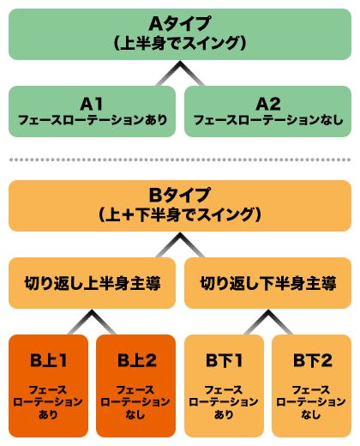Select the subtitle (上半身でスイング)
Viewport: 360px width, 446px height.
coord(180,42)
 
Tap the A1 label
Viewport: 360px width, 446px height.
coord(92,104)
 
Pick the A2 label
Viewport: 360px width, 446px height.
coord(268,104)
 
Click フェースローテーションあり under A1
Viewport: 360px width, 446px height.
coord(92,121)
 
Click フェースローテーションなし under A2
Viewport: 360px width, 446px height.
coord(268,121)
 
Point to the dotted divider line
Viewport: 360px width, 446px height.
coord(180,160)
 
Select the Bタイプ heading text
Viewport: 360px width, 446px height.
coord(180,195)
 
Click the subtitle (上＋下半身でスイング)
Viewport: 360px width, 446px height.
coord(180,214)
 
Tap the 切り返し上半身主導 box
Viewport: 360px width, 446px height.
coord(92,281)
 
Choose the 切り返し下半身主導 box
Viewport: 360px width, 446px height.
coord(268,281)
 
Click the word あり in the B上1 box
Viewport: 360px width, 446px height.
coord(50,415)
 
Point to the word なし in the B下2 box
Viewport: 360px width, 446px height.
coord(311,415)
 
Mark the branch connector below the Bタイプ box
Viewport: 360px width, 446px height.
coord(180,248)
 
